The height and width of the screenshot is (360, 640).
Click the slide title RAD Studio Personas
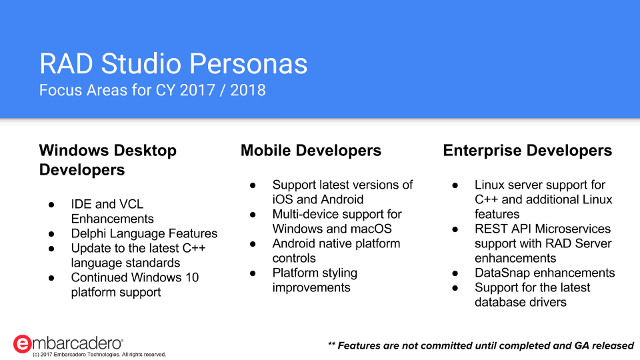173,64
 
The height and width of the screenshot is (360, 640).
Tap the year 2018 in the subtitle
248,90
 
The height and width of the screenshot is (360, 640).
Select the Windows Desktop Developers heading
108,160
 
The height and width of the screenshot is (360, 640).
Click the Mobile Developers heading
311,151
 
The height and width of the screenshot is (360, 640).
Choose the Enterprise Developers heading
527,151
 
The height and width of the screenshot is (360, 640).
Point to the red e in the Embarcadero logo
22,344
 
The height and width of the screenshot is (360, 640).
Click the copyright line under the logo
99,355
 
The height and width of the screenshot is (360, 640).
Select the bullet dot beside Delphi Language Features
51,234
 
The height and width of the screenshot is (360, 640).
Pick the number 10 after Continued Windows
192,277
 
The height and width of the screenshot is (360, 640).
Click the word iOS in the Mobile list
283,199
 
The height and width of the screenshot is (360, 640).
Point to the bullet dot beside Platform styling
253,273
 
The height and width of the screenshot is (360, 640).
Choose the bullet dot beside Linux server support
455,185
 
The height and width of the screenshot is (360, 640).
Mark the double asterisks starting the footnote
331,344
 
